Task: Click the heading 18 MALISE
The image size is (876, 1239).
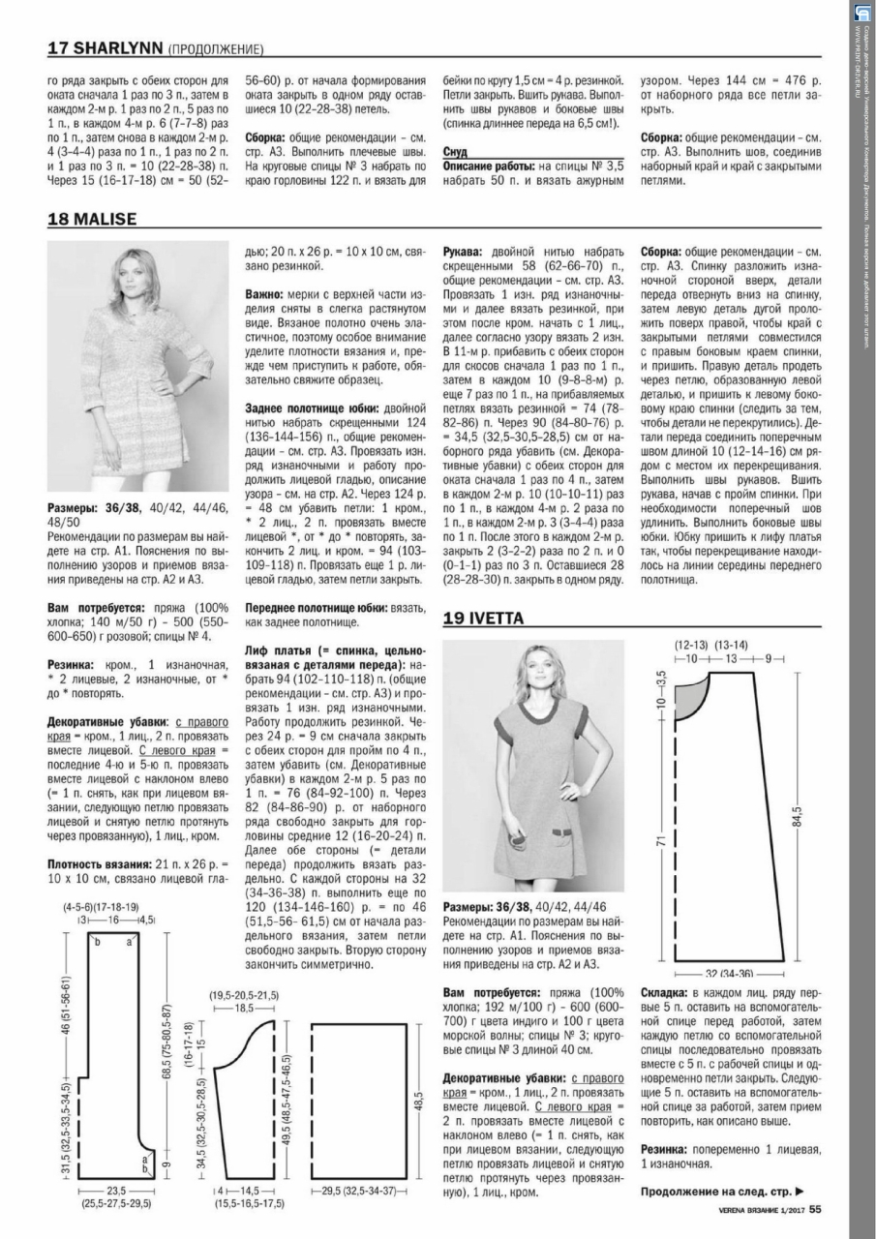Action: tap(92, 220)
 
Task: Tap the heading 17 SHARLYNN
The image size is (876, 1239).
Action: tap(106, 48)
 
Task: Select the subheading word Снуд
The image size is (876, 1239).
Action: tap(455, 153)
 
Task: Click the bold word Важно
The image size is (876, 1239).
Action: tap(263, 293)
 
